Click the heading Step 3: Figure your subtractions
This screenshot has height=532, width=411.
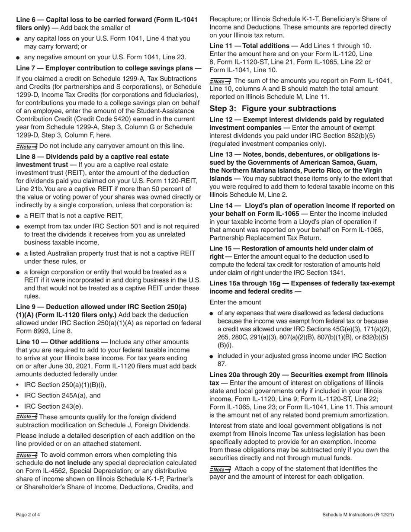tap(273, 109)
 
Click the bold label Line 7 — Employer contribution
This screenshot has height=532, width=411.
tap(108, 68)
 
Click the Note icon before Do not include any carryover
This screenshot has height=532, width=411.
tap(26, 146)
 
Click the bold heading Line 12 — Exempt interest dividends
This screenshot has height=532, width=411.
tap(296, 119)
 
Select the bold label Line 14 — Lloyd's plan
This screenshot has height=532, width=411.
tap(302, 205)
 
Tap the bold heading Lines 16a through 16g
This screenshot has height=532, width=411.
tap(302, 283)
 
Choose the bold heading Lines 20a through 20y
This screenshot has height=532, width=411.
tap(299, 375)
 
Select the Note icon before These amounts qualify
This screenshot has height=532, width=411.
tap(26, 417)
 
